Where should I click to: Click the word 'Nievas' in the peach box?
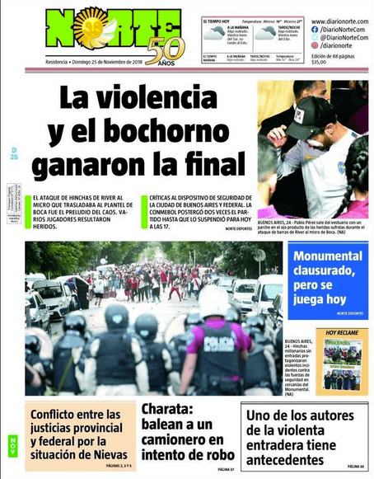pyautogui.click(x=108, y=453)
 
